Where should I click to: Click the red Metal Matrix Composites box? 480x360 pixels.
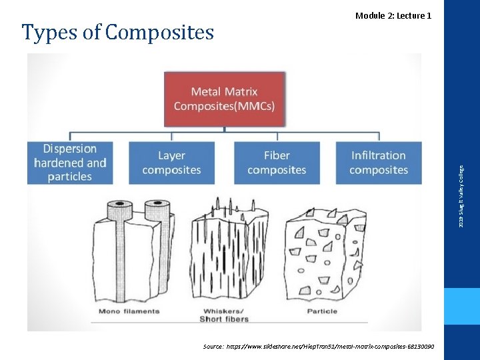(x=224, y=99)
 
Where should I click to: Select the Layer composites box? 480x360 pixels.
(x=171, y=163)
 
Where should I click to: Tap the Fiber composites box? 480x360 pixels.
(x=277, y=163)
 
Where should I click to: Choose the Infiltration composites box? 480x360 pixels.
(x=379, y=163)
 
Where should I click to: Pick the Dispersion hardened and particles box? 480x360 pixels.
(x=70, y=163)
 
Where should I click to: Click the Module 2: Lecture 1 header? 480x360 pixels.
(x=393, y=15)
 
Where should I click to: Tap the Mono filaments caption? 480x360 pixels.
(x=129, y=311)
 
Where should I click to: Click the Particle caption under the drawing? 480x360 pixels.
(x=322, y=311)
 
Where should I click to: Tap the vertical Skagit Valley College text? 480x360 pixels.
(x=463, y=193)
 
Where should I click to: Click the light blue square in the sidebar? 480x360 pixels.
(x=463, y=306)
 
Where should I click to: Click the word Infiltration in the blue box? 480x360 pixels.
(x=379, y=155)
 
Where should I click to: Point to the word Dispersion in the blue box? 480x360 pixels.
(x=70, y=149)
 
